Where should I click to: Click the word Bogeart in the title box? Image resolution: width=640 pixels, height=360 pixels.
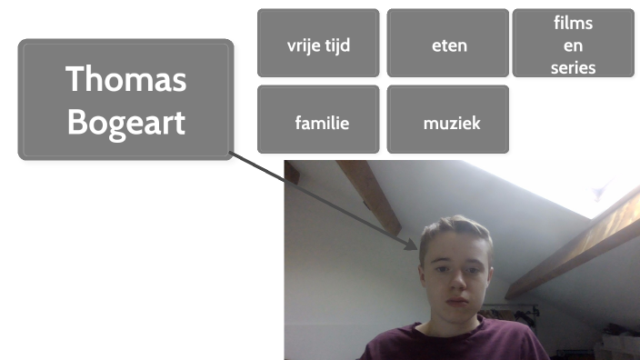click(125, 122)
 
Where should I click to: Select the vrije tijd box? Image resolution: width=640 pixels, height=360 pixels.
click(318, 44)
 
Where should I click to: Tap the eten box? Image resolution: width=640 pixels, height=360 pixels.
click(448, 44)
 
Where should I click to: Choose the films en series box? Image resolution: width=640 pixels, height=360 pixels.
click(573, 44)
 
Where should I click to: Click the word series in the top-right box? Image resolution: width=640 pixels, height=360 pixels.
click(573, 67)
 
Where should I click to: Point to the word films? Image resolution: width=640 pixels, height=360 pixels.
click(573, 22)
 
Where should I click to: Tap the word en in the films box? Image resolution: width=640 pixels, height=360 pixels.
click(573, 45)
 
